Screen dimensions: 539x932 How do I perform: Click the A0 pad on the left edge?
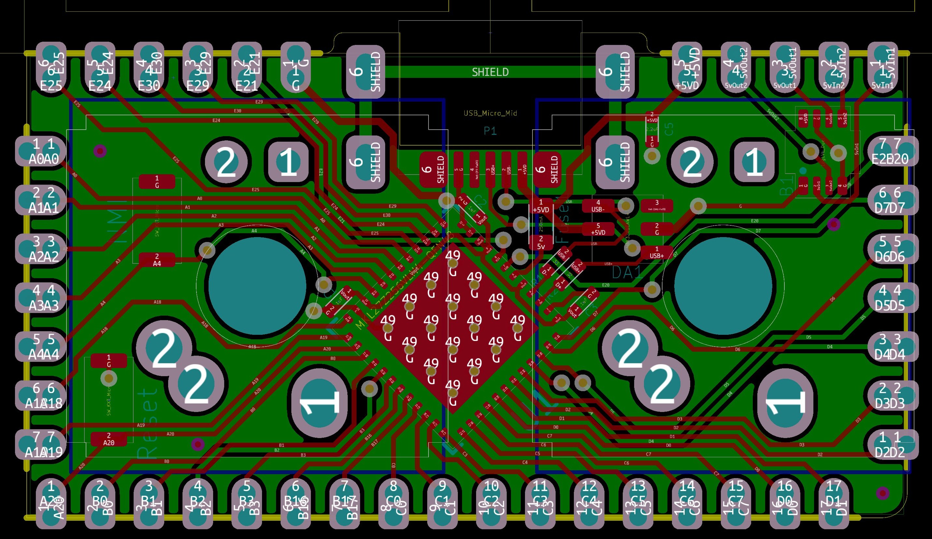point(41,151)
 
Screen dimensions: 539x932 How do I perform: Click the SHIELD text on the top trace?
point(490,72)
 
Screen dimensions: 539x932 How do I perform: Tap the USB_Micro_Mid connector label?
point(490,113)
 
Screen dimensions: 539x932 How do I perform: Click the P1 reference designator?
point(490,131)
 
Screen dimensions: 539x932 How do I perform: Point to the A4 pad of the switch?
point(157,260)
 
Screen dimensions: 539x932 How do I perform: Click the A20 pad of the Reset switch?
point(109,439)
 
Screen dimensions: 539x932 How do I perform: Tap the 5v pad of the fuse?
point(541,242)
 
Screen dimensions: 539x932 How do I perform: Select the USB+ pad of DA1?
point(656,252)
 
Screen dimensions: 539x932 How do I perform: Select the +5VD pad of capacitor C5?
point(652,118)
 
